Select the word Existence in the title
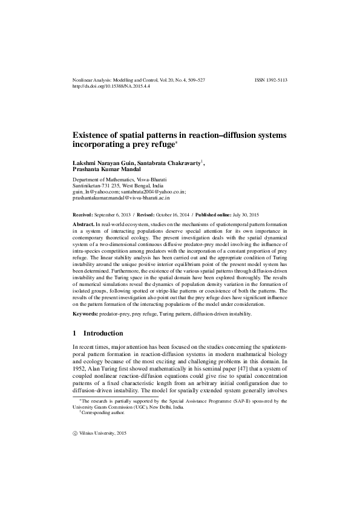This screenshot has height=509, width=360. [x=94, y=134]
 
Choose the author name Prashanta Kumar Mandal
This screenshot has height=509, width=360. [x=107, y=171]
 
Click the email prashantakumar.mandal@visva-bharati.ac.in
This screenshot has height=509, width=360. [x=121, y=198]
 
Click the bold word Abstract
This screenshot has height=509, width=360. [x=83, y=224]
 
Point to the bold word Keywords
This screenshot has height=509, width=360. [x=85, y=315]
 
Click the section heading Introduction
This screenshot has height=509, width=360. [x=103, y=334]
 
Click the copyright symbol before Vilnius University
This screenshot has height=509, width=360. [x=74, y=433]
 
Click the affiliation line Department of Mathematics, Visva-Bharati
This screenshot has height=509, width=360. [x=120, y=180]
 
